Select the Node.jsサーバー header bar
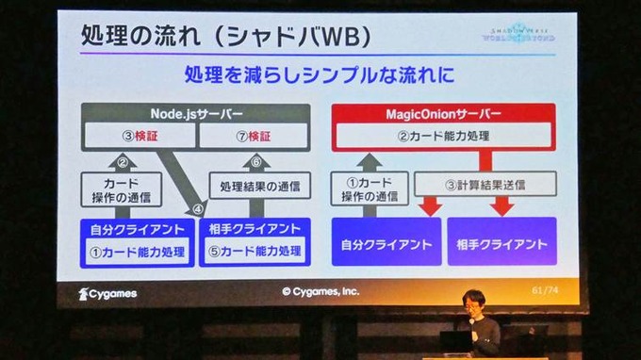(x=194, y=113)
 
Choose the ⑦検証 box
(x=252, y=137)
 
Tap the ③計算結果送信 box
(x=485, y=185)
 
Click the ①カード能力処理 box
(x=138, y=252)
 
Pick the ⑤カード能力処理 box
(x=255, y=252)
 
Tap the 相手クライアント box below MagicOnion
(x=501, y=244)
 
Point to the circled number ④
(x=196, y=208)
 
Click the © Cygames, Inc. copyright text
(x=320, y=292)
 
